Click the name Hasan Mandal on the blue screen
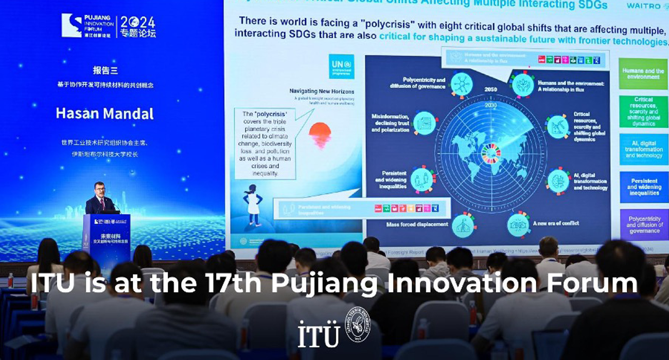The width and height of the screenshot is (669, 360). click(104, 113)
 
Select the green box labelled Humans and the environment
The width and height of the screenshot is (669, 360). click(643, 74)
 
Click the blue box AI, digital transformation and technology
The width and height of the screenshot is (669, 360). click(643, 149)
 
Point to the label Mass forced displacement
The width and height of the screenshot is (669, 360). click(415, 225)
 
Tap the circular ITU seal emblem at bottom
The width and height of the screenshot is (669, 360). click(357, 325)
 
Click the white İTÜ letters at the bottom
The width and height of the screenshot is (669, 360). click(319, 334)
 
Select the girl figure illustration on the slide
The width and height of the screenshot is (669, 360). click(253, 205)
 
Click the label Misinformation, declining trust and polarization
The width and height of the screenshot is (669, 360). click(390, 123)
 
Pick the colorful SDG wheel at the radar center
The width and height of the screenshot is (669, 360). click(491, 152)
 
